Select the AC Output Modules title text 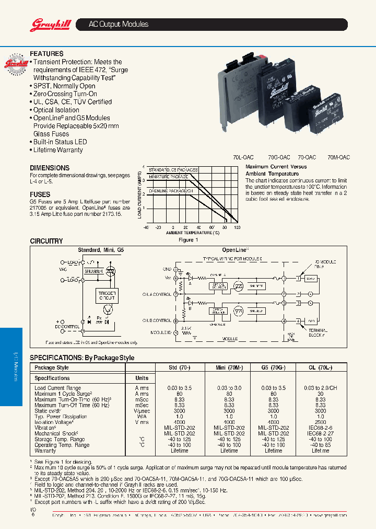coord(119,25)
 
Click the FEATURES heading coord(46,54)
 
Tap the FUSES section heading coord(40,194)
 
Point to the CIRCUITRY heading coord(46,241)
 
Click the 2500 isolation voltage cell coord(320,422)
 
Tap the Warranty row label coord(45,451)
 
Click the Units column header coord(142,378)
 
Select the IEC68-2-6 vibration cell coord(320,428)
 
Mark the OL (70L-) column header coord(320,367)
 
